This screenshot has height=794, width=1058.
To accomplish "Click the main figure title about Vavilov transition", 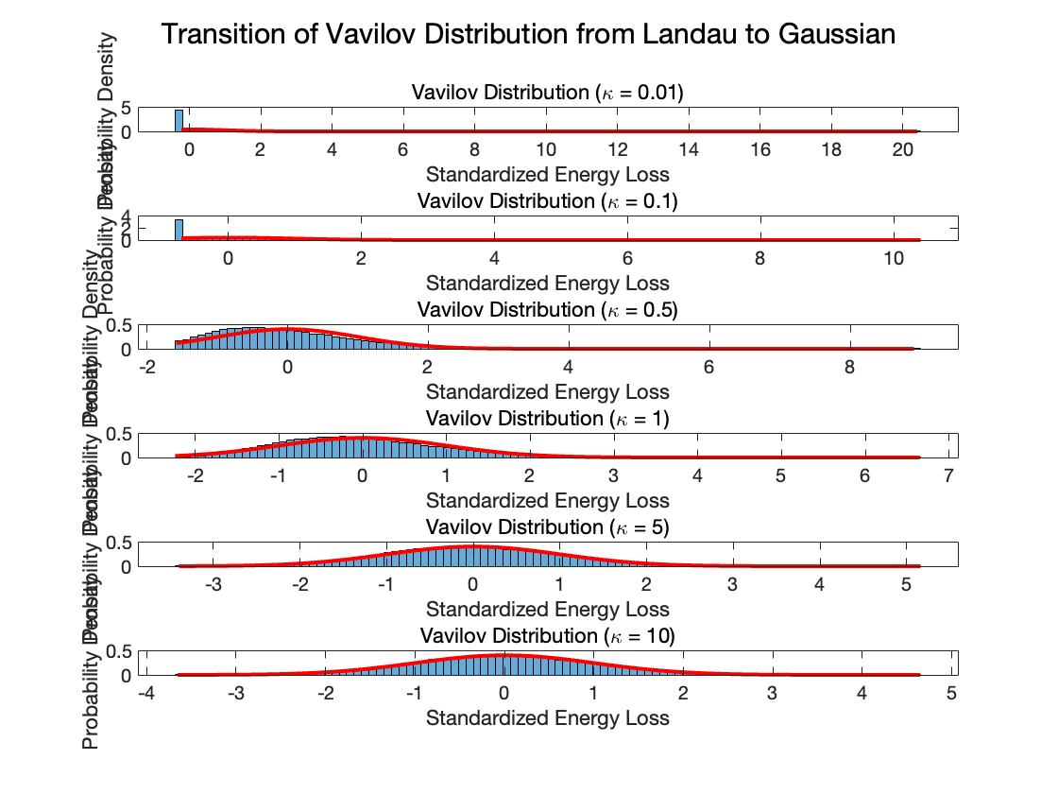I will pos(528,35).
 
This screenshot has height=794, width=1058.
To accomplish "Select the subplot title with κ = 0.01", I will pos(548,93).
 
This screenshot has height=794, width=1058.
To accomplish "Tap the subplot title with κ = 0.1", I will pos(548,201).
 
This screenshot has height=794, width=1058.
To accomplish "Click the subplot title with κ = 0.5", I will pos(548,310).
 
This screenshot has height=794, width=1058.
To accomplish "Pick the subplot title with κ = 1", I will pos(548,419).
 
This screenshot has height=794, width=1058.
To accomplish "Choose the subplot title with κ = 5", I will pos(548,527).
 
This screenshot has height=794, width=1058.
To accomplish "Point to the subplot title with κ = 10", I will pos(548,636).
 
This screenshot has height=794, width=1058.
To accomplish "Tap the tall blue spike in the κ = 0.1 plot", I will pos(179,230).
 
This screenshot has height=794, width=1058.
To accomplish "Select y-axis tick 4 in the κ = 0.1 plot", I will pos(126,218).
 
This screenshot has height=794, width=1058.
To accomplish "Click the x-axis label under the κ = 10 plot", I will pos(548,717).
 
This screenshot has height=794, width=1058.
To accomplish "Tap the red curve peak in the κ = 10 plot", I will pos(503,654).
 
